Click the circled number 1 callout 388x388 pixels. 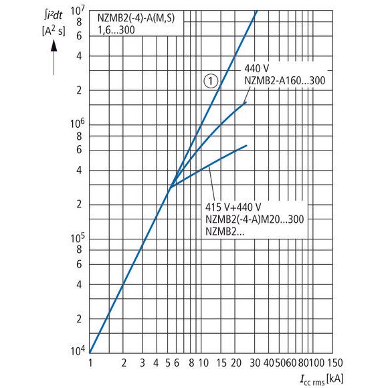210,82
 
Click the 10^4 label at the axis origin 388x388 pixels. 76,350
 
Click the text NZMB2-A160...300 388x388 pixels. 284,80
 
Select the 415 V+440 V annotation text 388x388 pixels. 233,207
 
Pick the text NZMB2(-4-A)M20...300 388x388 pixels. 255,219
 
